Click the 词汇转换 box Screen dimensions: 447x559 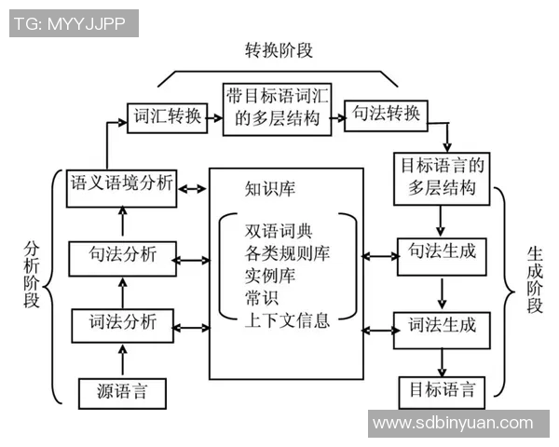pyautogui.click(x=167, y=116)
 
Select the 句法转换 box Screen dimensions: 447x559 pyautogui.click(x=387, y=116)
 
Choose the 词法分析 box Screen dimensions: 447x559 pyautogui.click(x=121, y=325)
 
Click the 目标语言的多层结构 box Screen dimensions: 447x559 pyautogui.click(x=443, y=178)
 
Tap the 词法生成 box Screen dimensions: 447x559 pyautogui.click(x=443, y=326)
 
